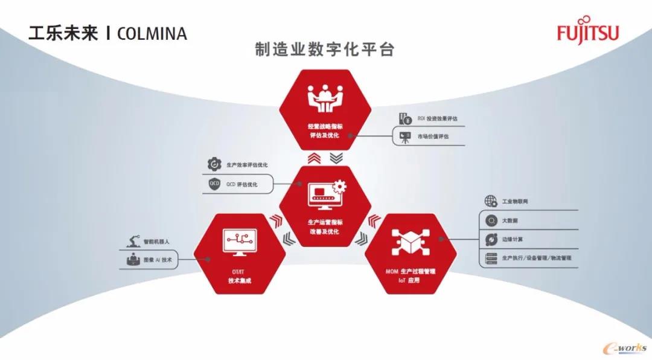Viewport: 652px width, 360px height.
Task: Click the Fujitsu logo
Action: pos(587,33)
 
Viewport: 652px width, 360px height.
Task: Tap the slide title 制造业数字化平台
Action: pos(325,50)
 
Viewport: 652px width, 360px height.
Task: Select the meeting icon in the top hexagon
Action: pos(325,96)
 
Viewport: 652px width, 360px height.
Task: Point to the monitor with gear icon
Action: pos(326,194)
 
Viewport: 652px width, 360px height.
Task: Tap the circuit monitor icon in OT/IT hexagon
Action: pos(240,242)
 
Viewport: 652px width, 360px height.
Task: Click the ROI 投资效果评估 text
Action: pos(437,119)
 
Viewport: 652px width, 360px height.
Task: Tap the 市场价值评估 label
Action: pos(433,137)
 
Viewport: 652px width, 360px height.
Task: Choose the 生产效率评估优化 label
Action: pos(247,164)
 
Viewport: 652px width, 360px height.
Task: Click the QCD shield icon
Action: pos(214,184)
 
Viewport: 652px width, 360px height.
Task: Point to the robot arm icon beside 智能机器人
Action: pos(133,242)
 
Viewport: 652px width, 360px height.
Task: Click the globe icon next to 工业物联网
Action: pos(490,201)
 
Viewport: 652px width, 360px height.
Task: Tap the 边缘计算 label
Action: pos(513,239)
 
